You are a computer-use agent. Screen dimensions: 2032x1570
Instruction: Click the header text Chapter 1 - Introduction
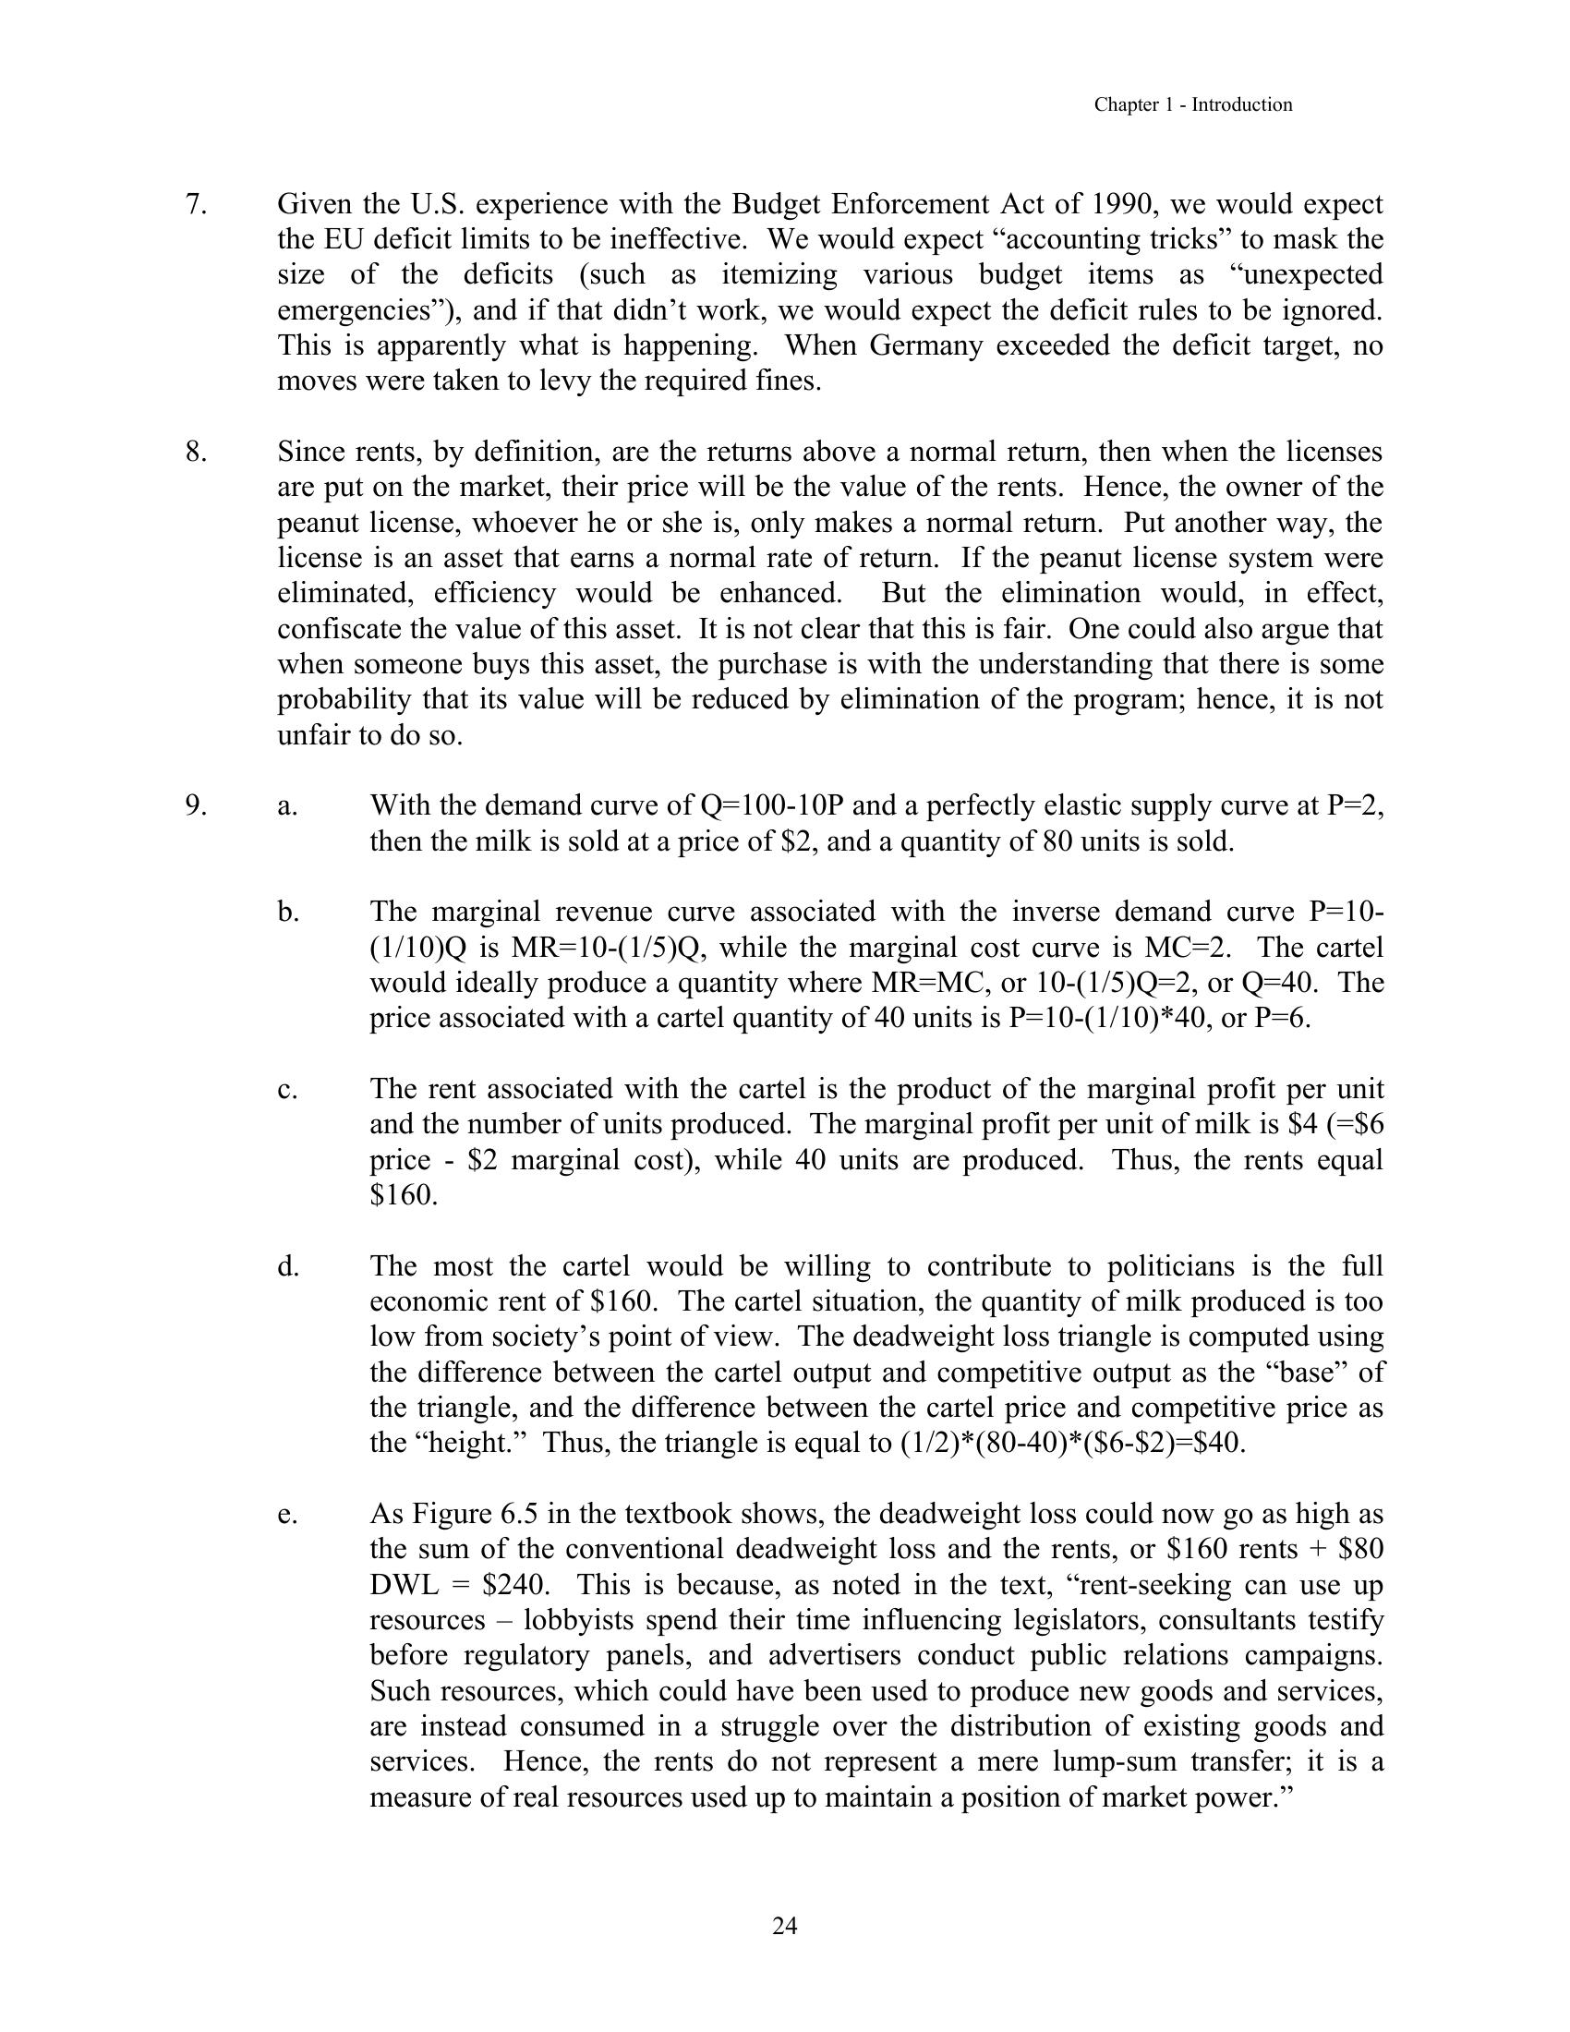[1192, 105]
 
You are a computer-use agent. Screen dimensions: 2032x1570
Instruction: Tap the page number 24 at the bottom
[784, 1926]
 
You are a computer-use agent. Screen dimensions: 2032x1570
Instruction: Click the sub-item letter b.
[287, 912]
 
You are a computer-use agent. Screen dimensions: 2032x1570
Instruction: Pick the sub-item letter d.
[287, 1266]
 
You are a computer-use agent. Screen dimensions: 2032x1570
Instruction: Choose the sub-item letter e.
[287, 1514]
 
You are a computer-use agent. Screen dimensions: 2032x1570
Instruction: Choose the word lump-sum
[1110, 1762]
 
